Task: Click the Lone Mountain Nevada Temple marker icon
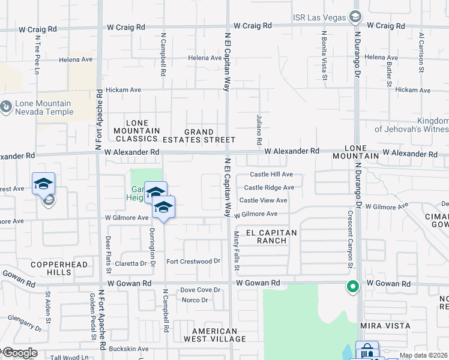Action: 7,107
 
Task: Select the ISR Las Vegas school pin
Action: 355,16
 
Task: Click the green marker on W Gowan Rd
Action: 352,287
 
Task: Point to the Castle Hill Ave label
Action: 271,175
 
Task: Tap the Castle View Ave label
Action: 264,200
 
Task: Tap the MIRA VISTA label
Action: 385,326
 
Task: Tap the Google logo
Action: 19,353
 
